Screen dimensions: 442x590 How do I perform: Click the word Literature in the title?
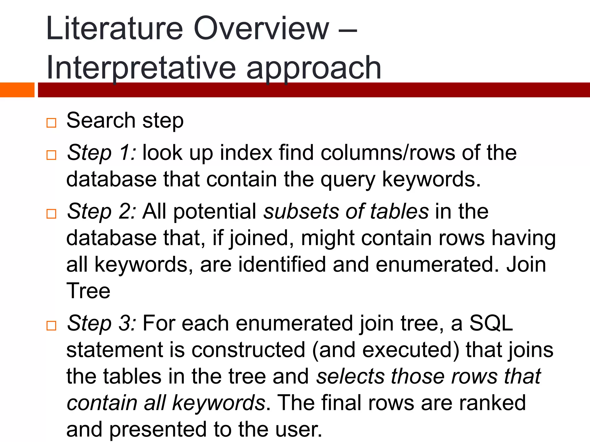click(x=114, y=29)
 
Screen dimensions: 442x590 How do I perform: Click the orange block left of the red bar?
click(x=17, y=90)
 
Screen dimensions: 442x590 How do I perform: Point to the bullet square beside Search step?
click(x=51, y=123)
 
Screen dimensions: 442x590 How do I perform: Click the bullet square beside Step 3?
click(x=51, y=326)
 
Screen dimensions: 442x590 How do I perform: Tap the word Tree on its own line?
click(x=88, y=291)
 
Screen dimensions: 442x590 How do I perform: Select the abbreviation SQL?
click(x=491, y=323)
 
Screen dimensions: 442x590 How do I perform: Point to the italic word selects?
click(x=350, y=376)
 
